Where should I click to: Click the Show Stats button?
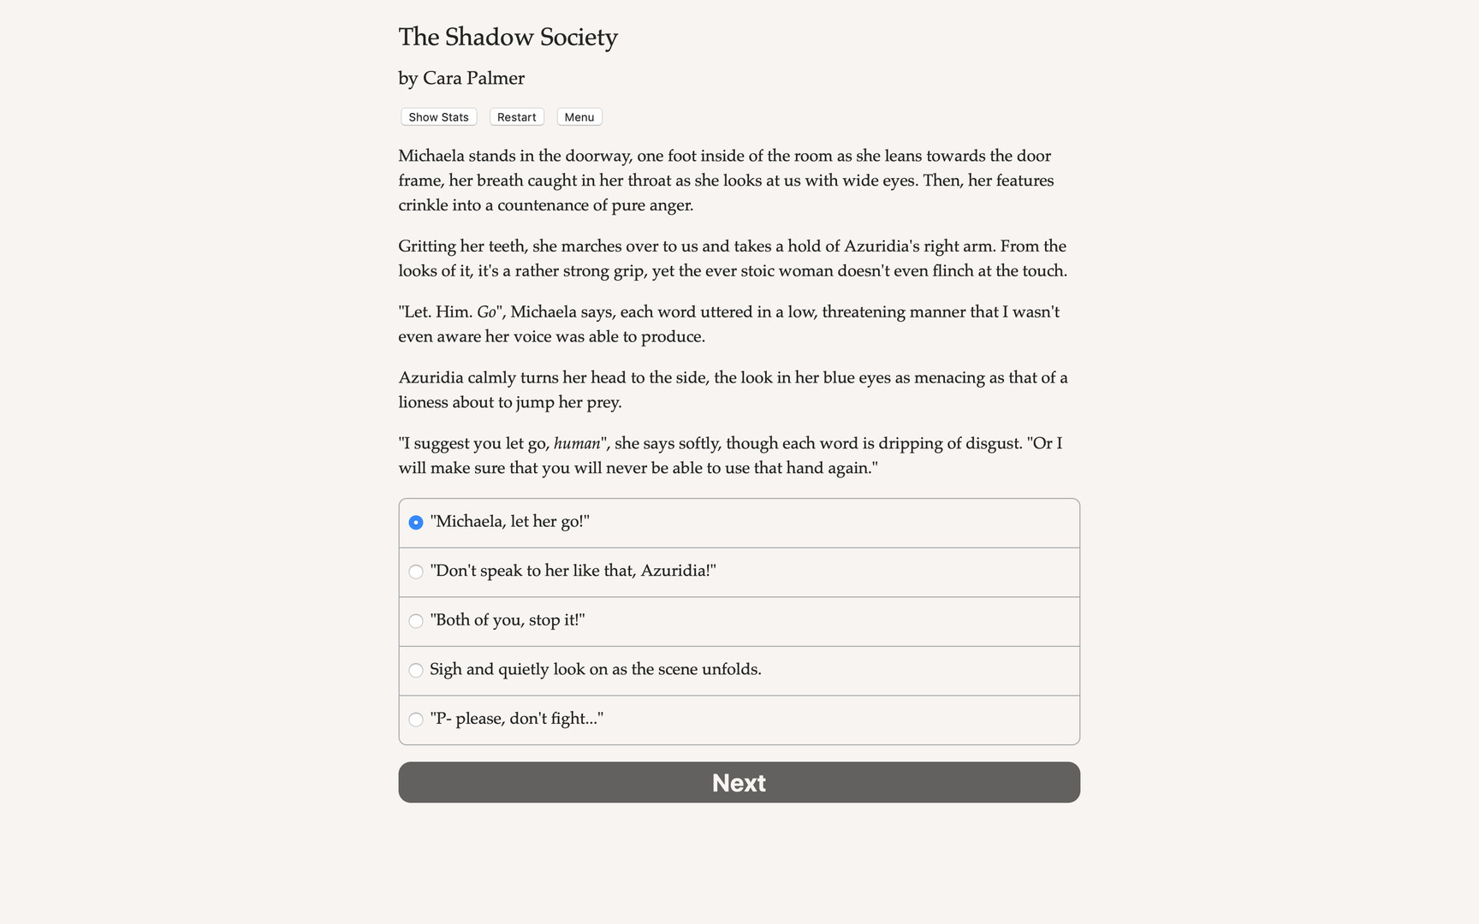point(438,117)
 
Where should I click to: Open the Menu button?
point(579,117)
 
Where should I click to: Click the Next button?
point(739,782)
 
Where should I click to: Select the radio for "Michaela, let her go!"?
point(416,523)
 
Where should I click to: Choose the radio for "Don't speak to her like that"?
point(416,572)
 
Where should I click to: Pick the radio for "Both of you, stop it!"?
point(416,621)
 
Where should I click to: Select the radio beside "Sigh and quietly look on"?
point(416,670)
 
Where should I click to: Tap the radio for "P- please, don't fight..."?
point(416,720)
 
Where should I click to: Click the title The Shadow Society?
point(508,37)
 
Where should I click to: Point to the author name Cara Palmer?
point(473,78)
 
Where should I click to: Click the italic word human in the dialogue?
point(576,443)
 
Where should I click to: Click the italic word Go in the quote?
point(486,312)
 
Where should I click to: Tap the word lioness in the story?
point(425,402)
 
